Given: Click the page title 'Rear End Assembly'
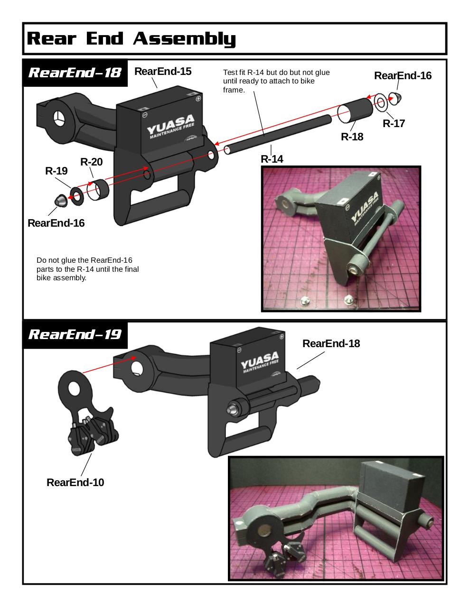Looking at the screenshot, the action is click(131, 38).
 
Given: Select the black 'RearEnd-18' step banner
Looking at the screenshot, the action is click(75, 73).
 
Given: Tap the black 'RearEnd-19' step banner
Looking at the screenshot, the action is click(75, 334).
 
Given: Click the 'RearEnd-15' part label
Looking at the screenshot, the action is click(163, 71).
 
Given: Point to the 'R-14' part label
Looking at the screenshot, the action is click(272, 159).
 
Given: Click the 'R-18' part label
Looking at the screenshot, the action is click(352, 137).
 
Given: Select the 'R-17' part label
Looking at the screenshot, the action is click(394, 123).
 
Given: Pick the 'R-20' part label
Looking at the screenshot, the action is click(92, 162).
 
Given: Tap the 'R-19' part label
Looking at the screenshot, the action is click(56, 171).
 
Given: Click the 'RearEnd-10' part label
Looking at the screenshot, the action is click(75, 482).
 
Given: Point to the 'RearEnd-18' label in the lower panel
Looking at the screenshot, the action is click(331, 343).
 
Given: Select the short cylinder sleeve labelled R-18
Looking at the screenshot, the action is click(355, 110).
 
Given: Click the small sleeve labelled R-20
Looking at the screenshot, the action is click(98, 190).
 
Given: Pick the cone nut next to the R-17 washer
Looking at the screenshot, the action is click(395, 99).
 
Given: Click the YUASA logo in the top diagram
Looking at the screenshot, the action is click(171, 126).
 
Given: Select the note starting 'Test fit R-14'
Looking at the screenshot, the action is click(276, 81).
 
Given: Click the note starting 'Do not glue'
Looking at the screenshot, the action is click(87, 269).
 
